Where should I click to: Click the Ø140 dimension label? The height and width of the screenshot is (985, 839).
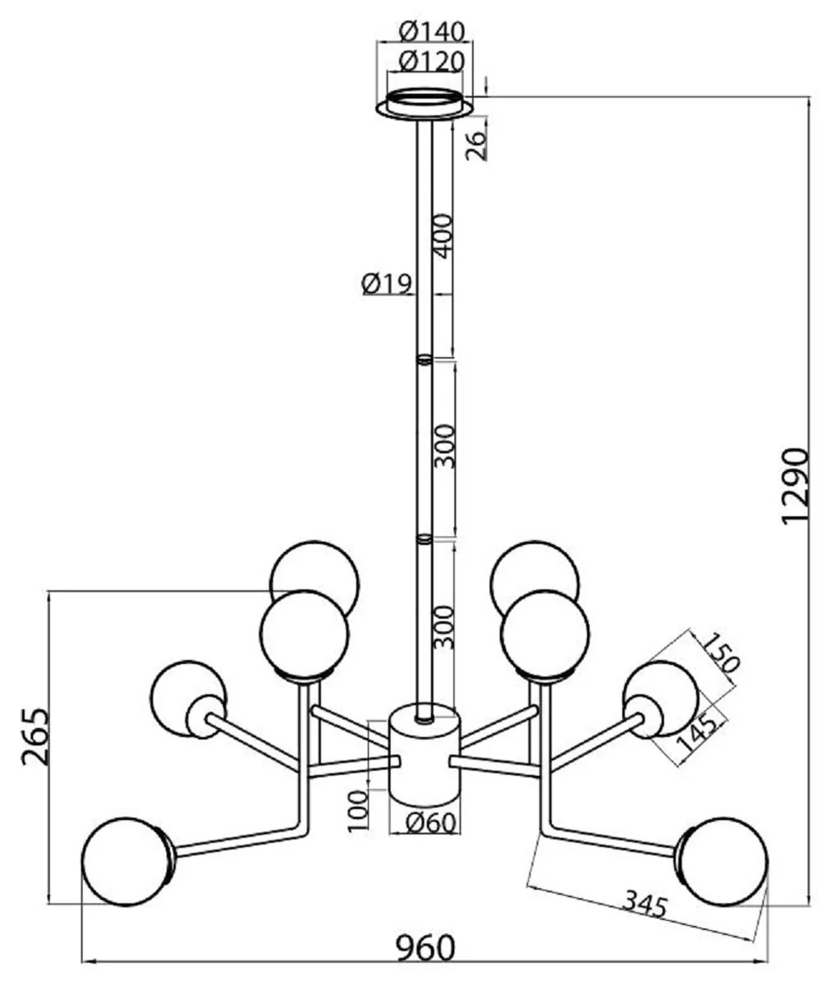(432, 31)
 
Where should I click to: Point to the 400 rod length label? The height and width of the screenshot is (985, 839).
(443, 236)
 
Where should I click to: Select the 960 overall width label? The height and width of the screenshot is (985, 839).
(425, 949)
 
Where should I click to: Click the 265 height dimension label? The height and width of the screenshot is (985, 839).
(34, 736)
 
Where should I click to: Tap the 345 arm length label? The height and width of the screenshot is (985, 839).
(644, 904)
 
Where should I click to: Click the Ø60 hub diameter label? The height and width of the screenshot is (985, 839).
(430, 822)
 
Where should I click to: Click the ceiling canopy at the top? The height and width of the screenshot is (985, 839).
(424, 104)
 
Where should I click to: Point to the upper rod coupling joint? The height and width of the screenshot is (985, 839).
(424, 359)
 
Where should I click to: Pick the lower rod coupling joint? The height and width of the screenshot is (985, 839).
(424, 539)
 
